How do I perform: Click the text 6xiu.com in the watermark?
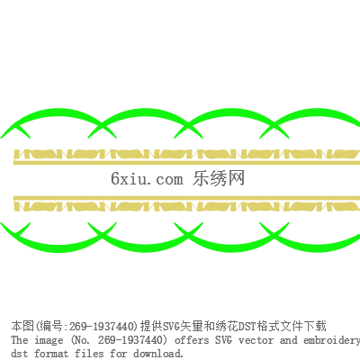(x=147, y=178)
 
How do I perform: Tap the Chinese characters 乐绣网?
(x=219, y=178)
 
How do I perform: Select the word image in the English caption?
(x=49, y=340)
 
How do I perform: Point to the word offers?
(x=192, y=340)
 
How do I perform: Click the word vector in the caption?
(x=256, y=340)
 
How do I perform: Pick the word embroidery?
(x=331, y=340)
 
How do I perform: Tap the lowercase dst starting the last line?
(x=20, y=353)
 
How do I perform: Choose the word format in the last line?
(x=51, y=353)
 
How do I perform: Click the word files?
(x=89, y=353)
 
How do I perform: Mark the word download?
(x=157, y=353)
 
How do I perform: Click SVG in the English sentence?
(x=223, y=340)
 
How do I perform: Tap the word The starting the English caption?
(x=20, y=340)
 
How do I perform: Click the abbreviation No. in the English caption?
(x=81, y=340)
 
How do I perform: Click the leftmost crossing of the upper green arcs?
(x=102, y=125)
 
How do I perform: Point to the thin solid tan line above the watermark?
(x=186, y=163)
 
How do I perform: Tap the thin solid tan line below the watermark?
(x=186, y=198)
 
